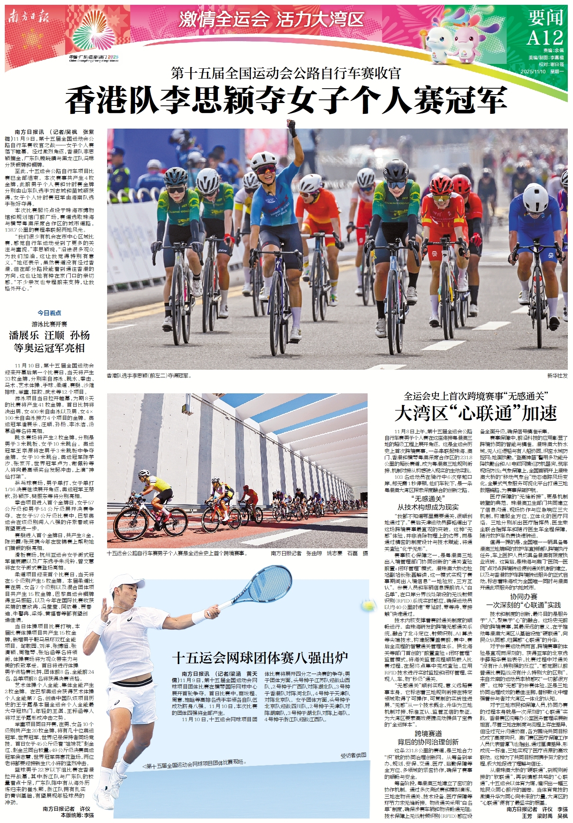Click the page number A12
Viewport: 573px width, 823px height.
pyautogui.click(x=545, y=38)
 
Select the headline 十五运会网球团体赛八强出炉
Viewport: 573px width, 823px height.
pyautogui.click(x=260, y=657)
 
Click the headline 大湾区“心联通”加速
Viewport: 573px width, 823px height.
pyautogui.click(x=476, y=413)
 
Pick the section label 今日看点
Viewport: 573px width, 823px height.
pyautogui.click(x=50, y=313)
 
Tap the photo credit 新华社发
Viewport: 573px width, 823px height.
pyautogui.click(x=557, y=376)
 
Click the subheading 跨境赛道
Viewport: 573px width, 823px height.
pyautogui.click(x=428, y=733)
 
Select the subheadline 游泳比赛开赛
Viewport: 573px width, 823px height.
pyautogui.click(x=50, y=324)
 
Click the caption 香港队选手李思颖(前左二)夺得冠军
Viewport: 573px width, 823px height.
pyautogui.click(x=149, y=376)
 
